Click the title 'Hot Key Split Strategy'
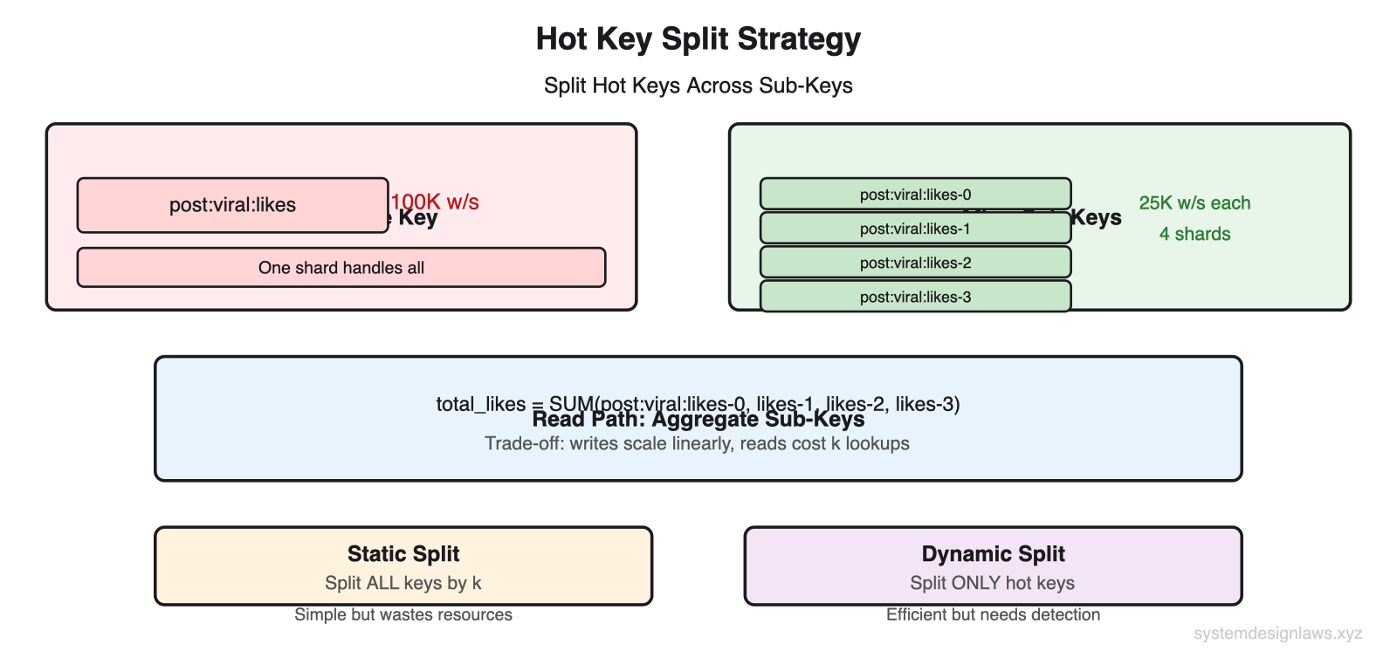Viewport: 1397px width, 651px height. [698, 39]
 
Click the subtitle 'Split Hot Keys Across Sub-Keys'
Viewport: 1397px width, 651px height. [698, 86]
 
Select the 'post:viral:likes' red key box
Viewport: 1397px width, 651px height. [232, 205]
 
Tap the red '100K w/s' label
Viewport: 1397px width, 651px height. [436, 202]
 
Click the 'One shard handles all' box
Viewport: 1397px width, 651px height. [341, 268]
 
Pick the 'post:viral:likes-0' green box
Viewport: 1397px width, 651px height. [915, 195]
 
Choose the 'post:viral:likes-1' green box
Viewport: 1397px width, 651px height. [915, 229]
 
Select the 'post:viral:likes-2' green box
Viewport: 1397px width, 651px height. [915, 263]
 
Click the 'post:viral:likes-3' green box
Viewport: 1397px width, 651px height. [915, 297]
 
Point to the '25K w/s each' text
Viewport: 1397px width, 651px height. [1194, 203]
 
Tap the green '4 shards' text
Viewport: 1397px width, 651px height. [1194, 234]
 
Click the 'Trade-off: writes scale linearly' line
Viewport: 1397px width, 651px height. [697, 443]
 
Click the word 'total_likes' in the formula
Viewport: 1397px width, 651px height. [480, 404]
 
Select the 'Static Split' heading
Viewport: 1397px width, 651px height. [403, 554]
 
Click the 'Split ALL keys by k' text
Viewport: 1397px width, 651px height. [403, 583]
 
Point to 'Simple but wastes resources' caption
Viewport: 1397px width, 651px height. [403, 614]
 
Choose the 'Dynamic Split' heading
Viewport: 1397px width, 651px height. [993, 554]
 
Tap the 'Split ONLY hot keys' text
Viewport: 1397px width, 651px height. [993, 583]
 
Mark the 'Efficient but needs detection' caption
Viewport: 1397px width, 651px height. [993, 614]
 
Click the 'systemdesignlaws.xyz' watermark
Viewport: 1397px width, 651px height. [1277, 634]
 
